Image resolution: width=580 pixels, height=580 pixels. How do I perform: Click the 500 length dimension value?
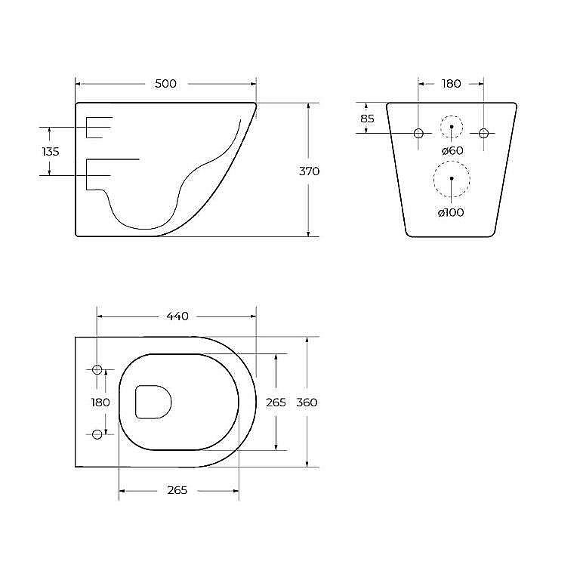[x=165, y=84]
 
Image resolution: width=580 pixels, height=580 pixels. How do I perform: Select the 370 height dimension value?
[x=310, y=171]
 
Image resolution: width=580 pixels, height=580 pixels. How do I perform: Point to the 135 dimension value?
[x=51, y=152]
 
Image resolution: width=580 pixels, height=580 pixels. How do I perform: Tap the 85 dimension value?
[x=367, y=119]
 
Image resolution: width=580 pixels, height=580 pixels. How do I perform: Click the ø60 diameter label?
[x=451, y=151]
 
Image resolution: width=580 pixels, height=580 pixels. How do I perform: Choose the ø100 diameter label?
[x=451, y=212]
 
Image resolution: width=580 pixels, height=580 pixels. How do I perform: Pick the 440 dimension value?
[x=177, y=316]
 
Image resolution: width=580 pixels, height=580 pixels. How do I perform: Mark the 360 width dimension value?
[x=307, y=403]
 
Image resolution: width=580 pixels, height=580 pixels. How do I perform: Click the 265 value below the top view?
[x=177, y=491]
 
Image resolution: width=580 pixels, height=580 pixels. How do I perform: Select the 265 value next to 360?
[x=276, y=403]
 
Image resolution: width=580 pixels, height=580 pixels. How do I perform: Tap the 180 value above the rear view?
[x=451, y=84]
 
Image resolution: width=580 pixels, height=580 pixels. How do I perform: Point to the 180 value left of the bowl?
[x=100, y=403]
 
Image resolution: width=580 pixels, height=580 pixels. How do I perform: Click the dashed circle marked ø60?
[x=451, y=126]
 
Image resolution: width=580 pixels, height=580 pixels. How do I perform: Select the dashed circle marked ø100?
[x=451, y=179]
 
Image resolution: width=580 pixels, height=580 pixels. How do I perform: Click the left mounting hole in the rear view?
[x=418, y=133]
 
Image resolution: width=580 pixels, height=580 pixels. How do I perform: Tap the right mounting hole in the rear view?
[x=483, y=133]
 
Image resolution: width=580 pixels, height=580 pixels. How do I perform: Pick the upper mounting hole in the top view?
[x=97, y=369]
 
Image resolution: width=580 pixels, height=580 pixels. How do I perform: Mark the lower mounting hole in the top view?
[x=97, y=434]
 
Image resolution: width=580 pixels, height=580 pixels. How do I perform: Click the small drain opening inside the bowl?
[x=153, y=401]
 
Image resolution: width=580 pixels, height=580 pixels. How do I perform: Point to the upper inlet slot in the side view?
[x=98, y=128]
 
